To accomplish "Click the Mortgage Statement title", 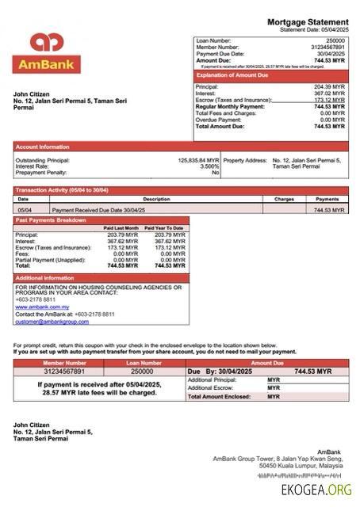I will click(307, 21).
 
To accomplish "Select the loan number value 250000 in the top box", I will click(335, 40).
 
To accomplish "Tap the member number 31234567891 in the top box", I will click(326, 47).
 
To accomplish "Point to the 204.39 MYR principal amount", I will click(329, 86).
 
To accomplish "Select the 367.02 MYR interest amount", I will click(329, 93).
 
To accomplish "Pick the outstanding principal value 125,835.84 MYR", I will click(198, 160).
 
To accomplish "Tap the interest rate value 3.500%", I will click(209, 166).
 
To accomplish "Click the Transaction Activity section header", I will click(63, 191).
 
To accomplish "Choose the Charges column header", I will click(284, 200).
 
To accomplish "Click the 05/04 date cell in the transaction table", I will click(25, 211).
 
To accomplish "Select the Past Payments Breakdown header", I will click(52, 220).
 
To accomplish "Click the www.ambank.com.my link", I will click(41, 307).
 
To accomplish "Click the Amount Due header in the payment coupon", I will click(266, 362).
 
